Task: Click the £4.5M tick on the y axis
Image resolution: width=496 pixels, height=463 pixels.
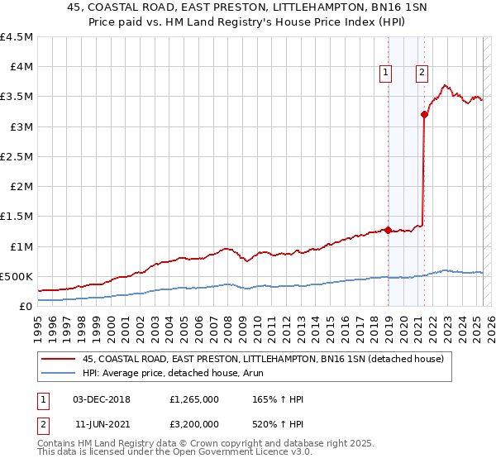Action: tap(17, 37)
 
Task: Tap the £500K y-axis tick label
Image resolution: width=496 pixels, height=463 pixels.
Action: tap(17, 276)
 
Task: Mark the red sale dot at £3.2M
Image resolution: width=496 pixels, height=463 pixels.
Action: tap(424, 115)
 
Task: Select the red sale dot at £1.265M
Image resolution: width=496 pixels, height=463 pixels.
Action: tap(388, 231)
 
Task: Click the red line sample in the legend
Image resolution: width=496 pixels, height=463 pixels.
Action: tap(58, 359)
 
